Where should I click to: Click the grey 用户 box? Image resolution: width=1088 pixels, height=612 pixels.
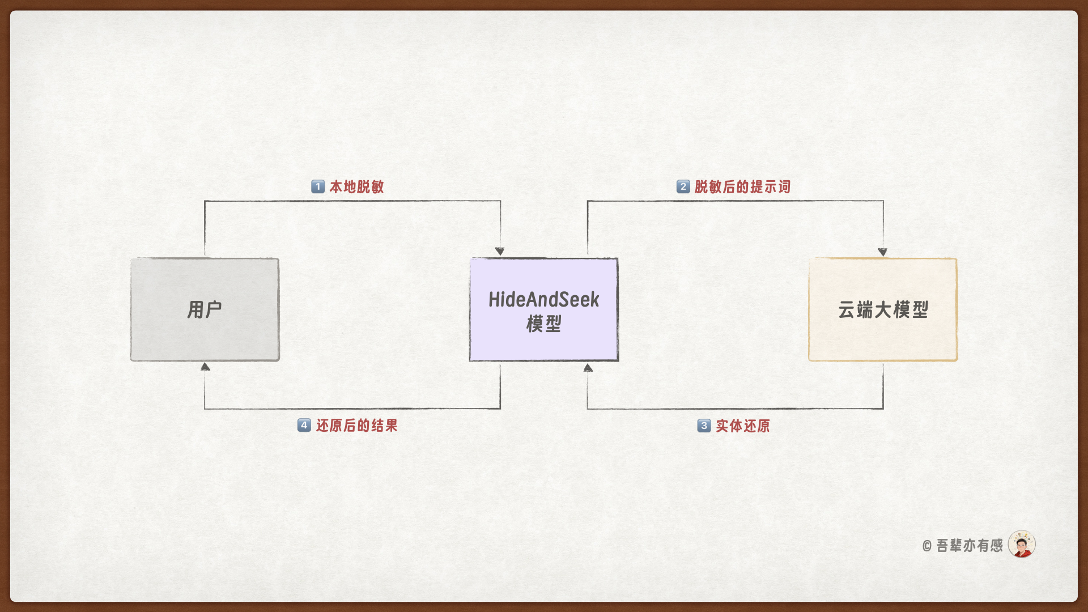tap(205, 309)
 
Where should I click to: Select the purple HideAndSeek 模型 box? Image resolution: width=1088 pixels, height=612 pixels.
tap(544, 309)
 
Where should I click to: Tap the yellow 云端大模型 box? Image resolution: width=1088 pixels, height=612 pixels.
tap(883, 309)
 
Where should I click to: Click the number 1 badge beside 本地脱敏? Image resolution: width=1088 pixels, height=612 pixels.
tap(318, 186)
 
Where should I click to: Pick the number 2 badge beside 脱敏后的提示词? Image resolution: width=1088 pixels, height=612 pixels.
tap(683, 186)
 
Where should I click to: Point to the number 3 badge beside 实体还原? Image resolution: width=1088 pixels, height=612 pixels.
tap(704, 426)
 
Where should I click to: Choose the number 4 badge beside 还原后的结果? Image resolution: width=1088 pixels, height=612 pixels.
tap(304, 425)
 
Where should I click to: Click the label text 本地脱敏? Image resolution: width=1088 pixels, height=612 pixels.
tap(357, 186)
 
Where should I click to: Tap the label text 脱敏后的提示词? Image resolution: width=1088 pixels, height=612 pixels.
tap(742, 186)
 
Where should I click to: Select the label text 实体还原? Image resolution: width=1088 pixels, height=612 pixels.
tap(743, 426)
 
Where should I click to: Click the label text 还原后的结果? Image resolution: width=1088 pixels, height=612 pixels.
tap(357, 425)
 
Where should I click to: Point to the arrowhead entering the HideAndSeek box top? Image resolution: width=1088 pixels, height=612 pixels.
tap(500, 251)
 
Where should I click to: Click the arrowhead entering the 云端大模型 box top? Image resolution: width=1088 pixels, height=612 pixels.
tap(882, 252)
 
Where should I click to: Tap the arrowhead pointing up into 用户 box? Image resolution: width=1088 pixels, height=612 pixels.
tap(205, 367)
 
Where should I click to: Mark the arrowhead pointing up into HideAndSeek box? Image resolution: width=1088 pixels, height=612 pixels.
tap(588, 368)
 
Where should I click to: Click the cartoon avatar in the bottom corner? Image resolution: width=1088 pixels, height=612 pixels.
tap(1022, 544)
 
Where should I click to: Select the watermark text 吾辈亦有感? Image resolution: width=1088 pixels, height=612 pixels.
tap(970, 545)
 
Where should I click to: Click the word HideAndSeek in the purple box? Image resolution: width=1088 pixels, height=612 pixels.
tap(544, 299)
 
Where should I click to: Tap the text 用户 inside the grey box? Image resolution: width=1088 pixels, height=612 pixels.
tap(205, 309)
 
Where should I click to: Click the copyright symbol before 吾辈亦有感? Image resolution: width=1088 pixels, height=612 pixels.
tap(927, 546)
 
